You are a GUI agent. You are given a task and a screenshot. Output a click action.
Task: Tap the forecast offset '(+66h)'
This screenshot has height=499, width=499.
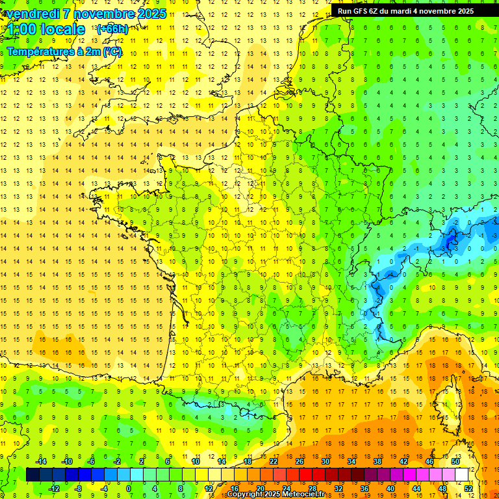112,29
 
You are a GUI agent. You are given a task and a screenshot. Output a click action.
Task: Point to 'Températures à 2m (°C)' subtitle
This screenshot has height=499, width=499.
64,51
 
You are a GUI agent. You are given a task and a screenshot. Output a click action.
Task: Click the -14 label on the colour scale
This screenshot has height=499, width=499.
41,461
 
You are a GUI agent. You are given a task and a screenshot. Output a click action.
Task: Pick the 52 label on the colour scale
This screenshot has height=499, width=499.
468,489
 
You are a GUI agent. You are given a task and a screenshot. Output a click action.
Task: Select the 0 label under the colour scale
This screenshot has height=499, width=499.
129,489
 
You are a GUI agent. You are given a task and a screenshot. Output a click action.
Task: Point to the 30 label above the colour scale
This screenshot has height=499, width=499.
325,461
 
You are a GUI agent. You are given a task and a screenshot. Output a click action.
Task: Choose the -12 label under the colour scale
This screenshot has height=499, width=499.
54,489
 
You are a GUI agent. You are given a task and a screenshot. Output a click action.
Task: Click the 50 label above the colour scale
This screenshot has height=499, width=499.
455,461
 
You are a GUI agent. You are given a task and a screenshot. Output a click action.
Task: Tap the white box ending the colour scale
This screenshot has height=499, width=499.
461,475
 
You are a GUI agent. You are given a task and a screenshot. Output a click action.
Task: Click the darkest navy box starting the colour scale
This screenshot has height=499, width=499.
32,475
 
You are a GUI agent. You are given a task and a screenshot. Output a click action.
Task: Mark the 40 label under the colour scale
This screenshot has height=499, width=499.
390,489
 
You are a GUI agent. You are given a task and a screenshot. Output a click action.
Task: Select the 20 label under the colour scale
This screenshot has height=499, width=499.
260,489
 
